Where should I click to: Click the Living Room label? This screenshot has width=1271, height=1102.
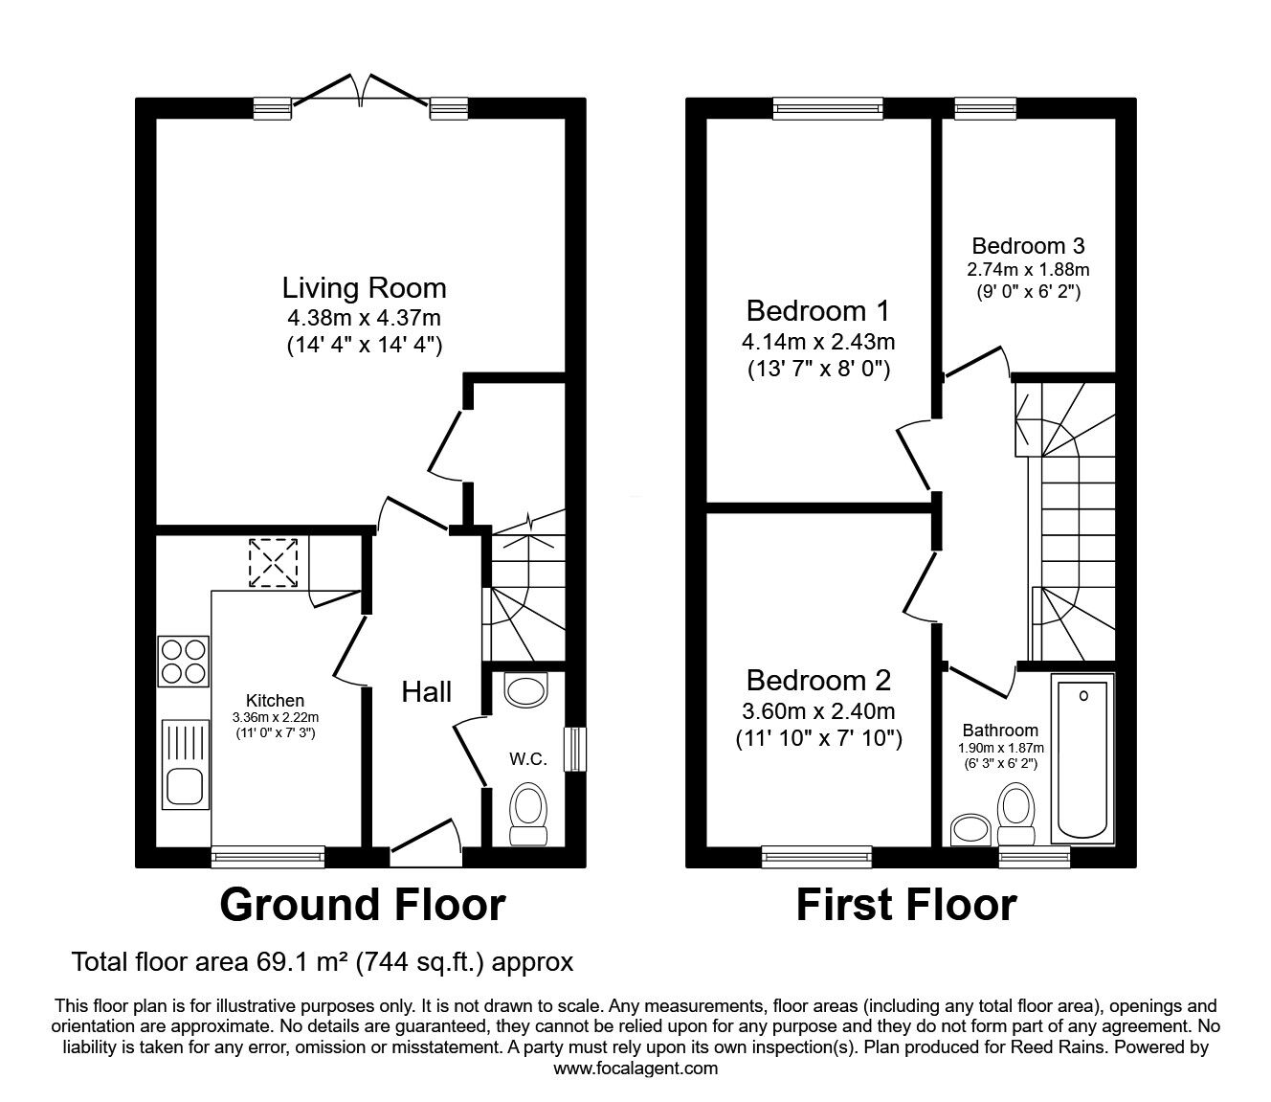pyautogui.click(x=364, y=288)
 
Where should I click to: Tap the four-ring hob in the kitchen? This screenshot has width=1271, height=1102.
pyautogui.click(x=183, y=662)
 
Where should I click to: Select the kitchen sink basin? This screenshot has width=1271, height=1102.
pyautogui.click(x=185, y=786)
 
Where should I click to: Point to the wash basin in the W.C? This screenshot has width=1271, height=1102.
pyautogui.click(x=525, y=689)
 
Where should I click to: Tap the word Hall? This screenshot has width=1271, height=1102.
pyautogui.click(x=426, y=692)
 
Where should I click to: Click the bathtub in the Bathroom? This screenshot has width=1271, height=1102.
pyautogui.click(x=1082, y=758)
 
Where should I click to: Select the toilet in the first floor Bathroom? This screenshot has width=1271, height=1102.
pyautogui.click(x=1015, y=814)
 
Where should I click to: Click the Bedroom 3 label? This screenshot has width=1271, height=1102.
pyautogui.click(x=1028, y=246)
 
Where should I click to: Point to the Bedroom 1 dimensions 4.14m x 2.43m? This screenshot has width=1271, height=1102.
pyautogui.click(x=818, y=342)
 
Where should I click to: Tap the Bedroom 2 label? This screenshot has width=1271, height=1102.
pyautogui.click(x=818, y=681)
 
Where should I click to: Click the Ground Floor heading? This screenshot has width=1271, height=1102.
pyautogui.click(x=363, y=905)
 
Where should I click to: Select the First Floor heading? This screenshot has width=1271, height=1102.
pyautogui.click(x=906, y=905)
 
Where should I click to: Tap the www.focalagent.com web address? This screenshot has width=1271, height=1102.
pyautogui.click(x=635, y=1068)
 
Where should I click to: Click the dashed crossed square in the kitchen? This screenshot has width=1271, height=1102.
pyautogui.click(x=273, y=563)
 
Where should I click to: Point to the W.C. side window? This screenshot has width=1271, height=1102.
pyautogui.click(x=575, y=749)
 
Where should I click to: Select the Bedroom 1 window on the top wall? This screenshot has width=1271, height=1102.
pyautogui.click(x=828, y=108)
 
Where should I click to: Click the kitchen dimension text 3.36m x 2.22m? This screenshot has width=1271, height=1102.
pyautogui.click(x=276, y=717)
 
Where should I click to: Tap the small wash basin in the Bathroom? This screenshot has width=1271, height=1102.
pyautogui.click(x=970, y=830)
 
